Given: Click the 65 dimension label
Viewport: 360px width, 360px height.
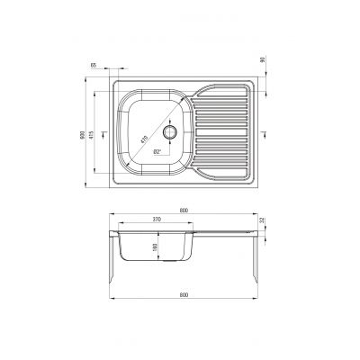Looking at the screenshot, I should pyautogui.click(x=94, y=67).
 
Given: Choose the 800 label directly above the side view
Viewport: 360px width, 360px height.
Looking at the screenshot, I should pyautogui.click(x=184, y=210).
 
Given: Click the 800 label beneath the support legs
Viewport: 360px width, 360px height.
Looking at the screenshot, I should pyautogui.click(x=184, y=293).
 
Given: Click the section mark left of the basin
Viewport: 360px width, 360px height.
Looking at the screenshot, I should pyautogui.click(x=106, y=134).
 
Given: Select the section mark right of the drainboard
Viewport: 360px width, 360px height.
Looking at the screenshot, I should pyautogui.click(x=262, y=134).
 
